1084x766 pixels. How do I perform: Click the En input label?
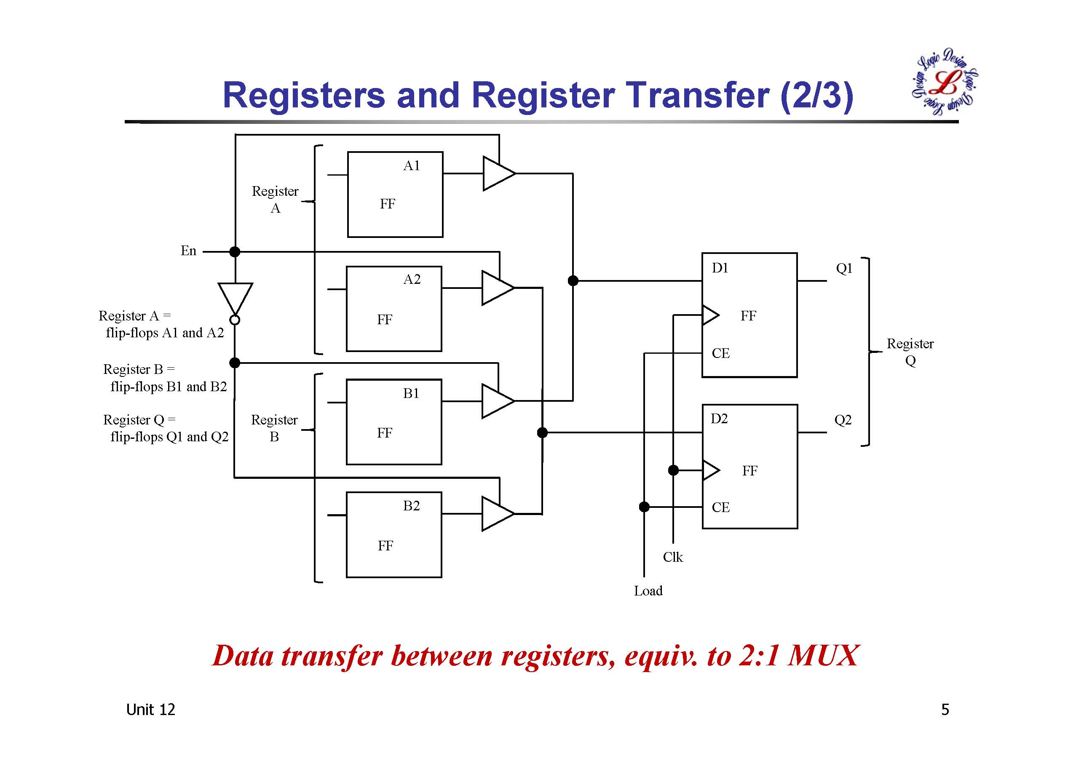pyautogui.click(x=188, y=251)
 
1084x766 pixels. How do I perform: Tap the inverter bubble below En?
pyautogui.click(x=235, y=320)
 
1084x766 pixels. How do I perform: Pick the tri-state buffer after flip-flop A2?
pyautogui.click(x=496, y=288)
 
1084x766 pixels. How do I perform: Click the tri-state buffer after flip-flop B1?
pyautogui.click(x=496, y=401)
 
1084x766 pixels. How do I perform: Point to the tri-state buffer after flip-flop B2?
pyautogui.click(x=496, y=514)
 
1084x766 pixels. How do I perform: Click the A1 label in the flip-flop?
pyautogui.click(x=411, y=165)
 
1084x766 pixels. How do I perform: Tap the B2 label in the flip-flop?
pyautogui.click(x=411, y=506)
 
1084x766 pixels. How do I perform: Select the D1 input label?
pyautogui.click(x=720, y=268)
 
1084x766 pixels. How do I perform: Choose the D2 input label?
pyautogui.click(x=719, y=419)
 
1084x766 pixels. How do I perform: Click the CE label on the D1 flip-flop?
pyautogui.click(x=720, y=353)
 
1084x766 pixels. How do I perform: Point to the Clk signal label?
pyautogui.click(x=673, y=558)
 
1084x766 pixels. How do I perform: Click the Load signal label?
pyautogui.click(x=648, y=591)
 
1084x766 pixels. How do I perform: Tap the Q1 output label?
pyautogui.click(x=844, y=269)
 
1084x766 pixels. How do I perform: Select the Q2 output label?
pyautogui.click(x=843, y=419)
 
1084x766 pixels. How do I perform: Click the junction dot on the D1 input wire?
pyautogui.click(x=573, y=281)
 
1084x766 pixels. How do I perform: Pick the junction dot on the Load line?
pyautogui.click(x=644, y=507)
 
